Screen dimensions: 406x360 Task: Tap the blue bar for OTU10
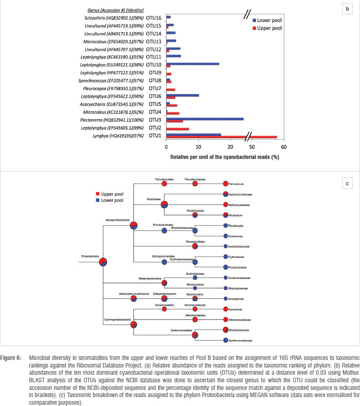coord(193,64)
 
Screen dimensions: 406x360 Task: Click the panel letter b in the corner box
coord(347,9)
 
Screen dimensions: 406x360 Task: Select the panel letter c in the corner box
coord(347,183)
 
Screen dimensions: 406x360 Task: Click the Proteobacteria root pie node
coord(103,262)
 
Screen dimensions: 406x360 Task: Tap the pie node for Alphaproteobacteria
coord(133,226)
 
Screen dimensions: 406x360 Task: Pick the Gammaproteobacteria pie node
coord(133,325)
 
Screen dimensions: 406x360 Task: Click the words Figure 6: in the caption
coord(14,359)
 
